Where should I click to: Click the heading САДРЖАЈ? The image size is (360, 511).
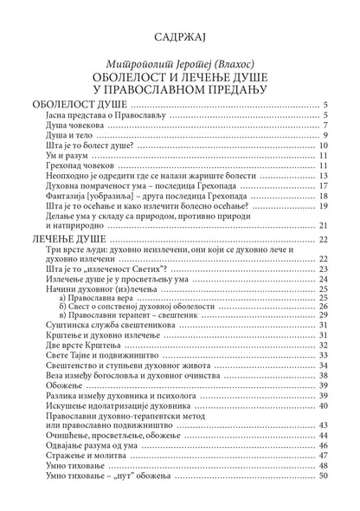[x=180, y=37]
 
